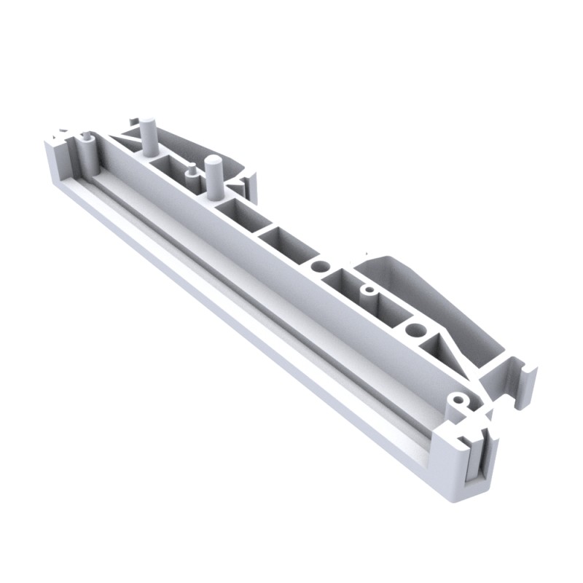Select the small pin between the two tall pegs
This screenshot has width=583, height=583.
pyautogui.click(x=190, y=172)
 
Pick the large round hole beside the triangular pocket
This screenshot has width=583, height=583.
pyautogui.click(x=414, y=330)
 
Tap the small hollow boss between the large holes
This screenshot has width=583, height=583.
pyautogui.click(x=369, y=291)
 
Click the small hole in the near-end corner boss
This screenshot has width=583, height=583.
pyautogui.click(x=457, y=400)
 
